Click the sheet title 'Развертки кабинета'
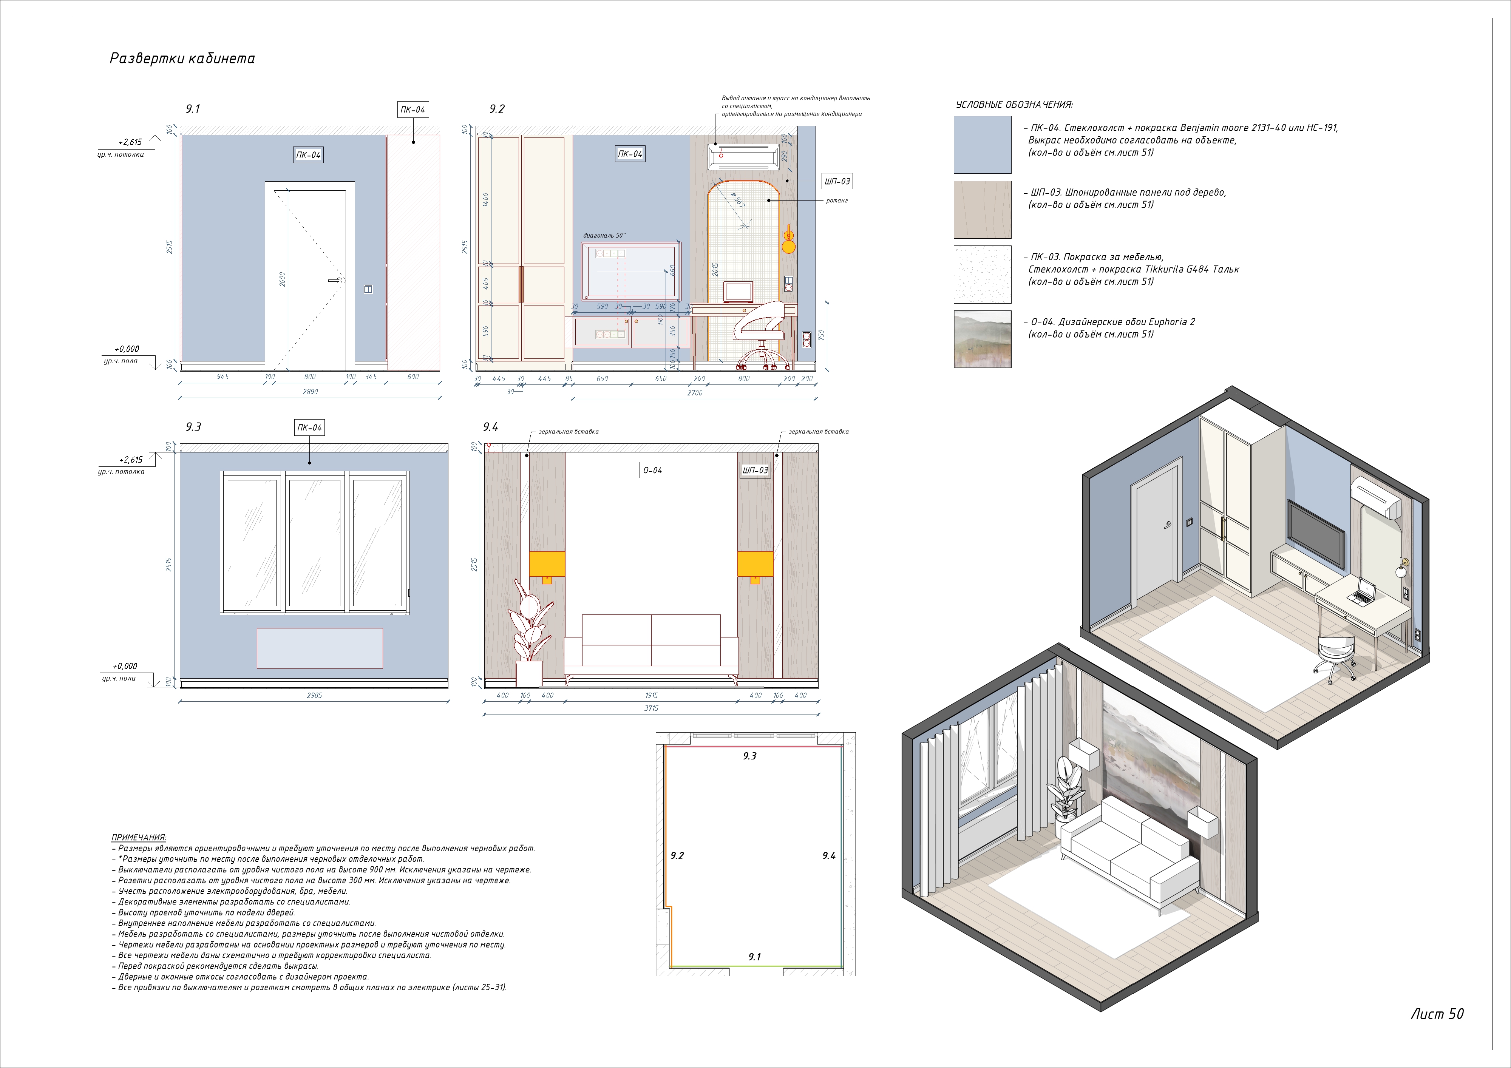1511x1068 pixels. (x=182, y=59)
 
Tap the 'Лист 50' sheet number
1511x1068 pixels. (x=1437, y=1014)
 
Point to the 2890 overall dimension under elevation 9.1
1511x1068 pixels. (x=310, y=392)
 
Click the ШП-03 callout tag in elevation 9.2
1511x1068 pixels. (x=837, y=181)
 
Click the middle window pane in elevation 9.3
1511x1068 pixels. (x=315, y=542)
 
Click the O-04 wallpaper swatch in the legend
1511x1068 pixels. (x=982, y=339)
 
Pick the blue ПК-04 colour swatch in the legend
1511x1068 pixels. (x=982, y=145)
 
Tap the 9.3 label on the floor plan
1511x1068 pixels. (x=749, y=756)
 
